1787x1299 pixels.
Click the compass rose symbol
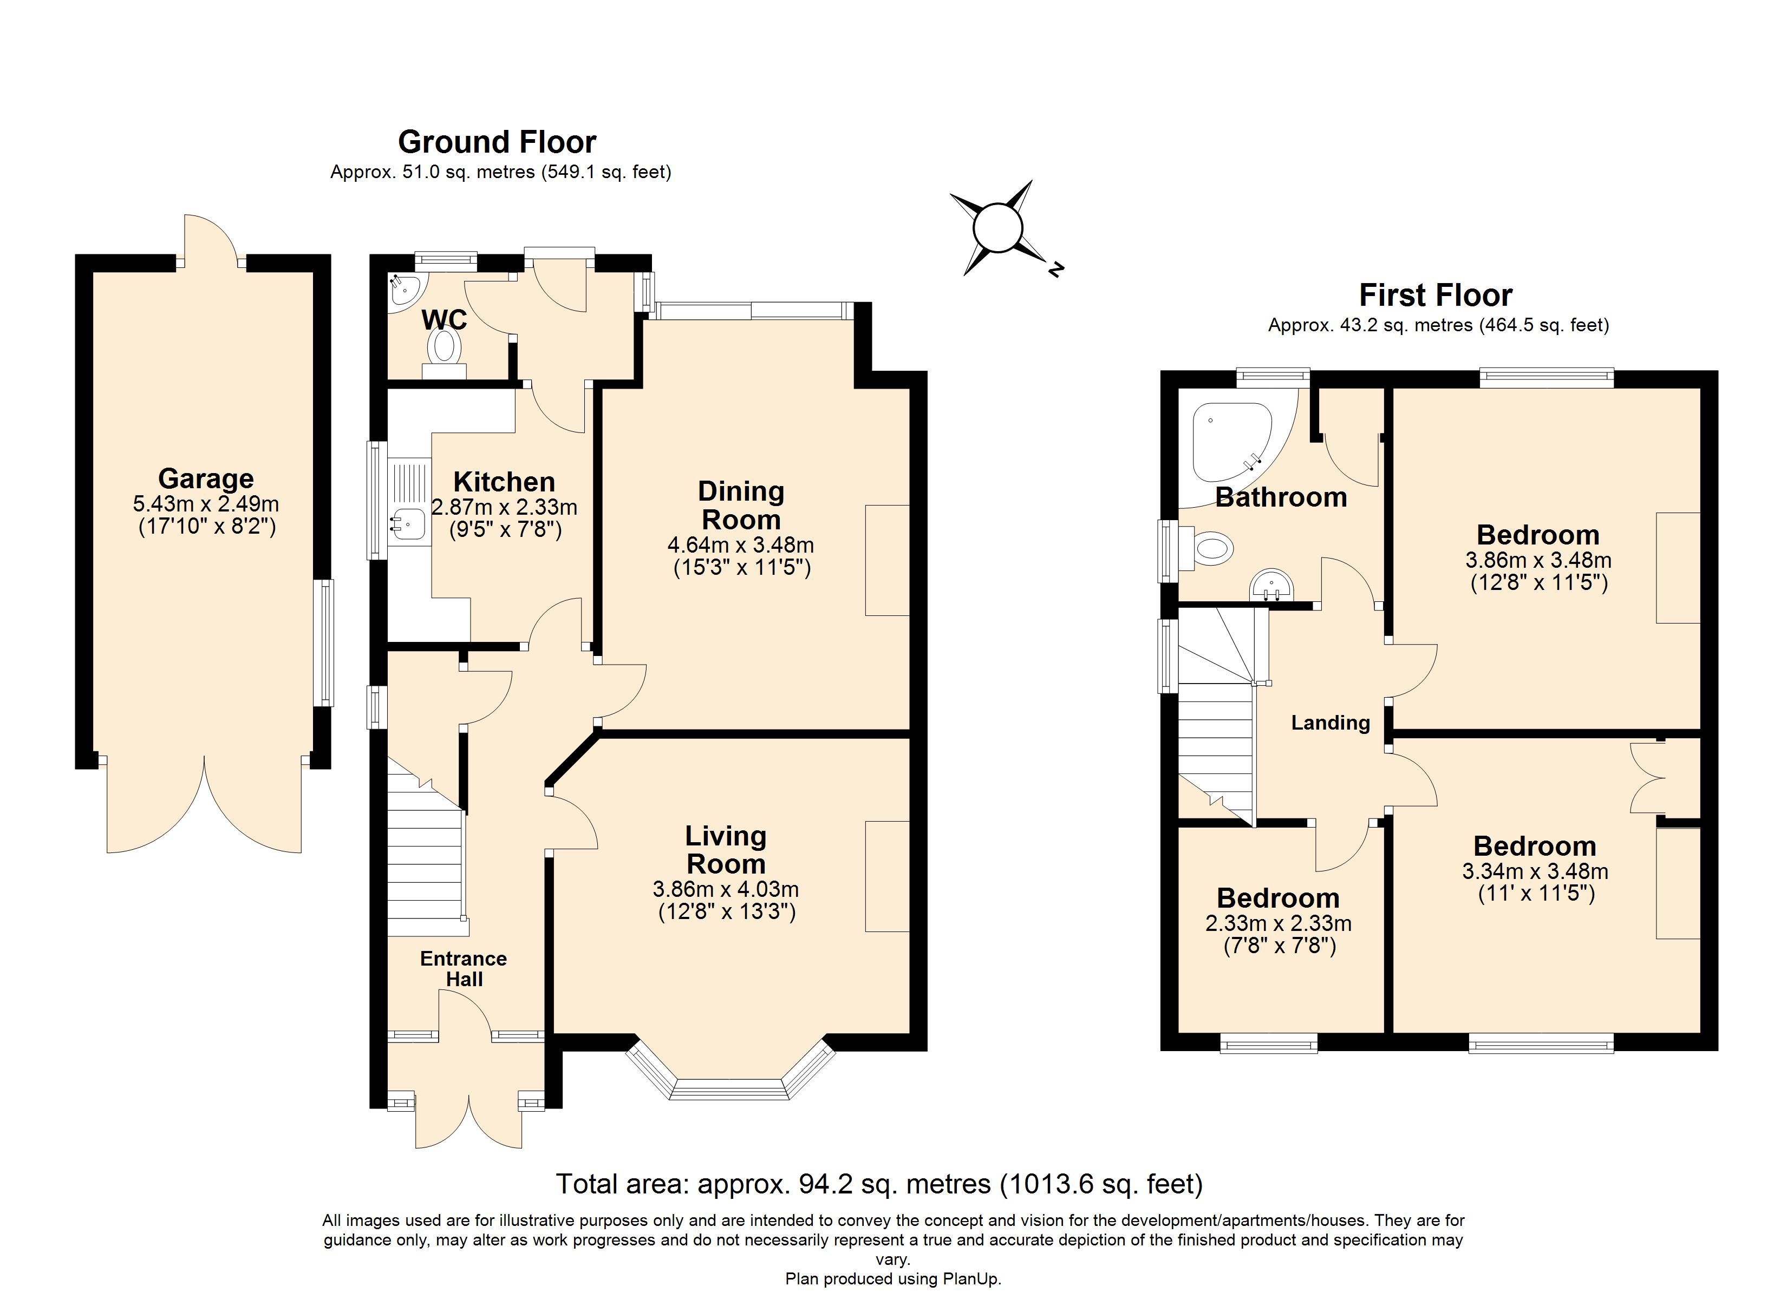pos(999,228)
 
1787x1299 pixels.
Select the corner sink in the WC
pos(406,289)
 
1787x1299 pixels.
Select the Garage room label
pos(206,478)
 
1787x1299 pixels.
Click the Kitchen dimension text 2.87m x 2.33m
pos(504,507)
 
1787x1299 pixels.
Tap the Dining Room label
pos(741,505)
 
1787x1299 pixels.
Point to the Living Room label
pos(726,849)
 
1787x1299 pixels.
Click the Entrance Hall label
pos(464,968)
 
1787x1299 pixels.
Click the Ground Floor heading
pos(497,142)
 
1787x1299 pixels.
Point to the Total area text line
pos(879,1184)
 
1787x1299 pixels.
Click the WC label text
pos(445,320)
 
